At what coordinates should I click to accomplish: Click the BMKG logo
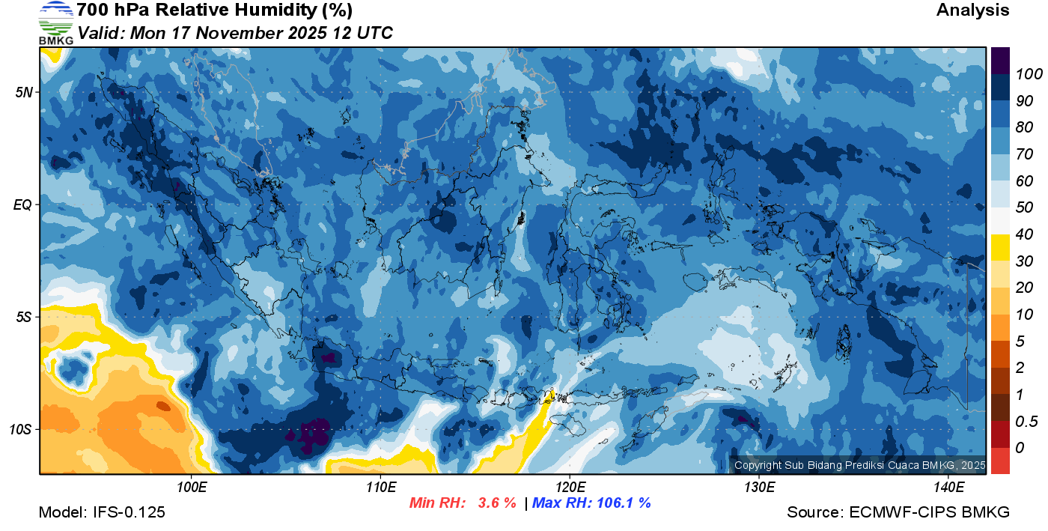click(56, 23)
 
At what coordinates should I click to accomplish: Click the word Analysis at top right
click(972, 10)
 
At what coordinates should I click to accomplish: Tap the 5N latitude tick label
click(24, 92)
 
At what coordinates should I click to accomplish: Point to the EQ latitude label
click(22, 204)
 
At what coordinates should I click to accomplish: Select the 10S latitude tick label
click(21, 430)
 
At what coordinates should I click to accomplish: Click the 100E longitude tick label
click(192, 488)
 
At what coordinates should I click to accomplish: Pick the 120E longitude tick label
click(570, 488)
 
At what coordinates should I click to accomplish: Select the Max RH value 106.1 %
click(622, 503)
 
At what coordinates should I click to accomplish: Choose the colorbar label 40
click(1024, 234)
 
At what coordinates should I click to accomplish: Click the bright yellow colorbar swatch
click(1000, 248)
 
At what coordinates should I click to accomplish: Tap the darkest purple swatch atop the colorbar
click(1000, 61)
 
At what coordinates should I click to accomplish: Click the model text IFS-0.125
click(129, 512)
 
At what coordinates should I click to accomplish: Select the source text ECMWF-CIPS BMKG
click(929, 512)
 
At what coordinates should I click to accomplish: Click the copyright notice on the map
click(859, 465)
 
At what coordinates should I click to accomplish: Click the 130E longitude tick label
click(759, 488)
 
